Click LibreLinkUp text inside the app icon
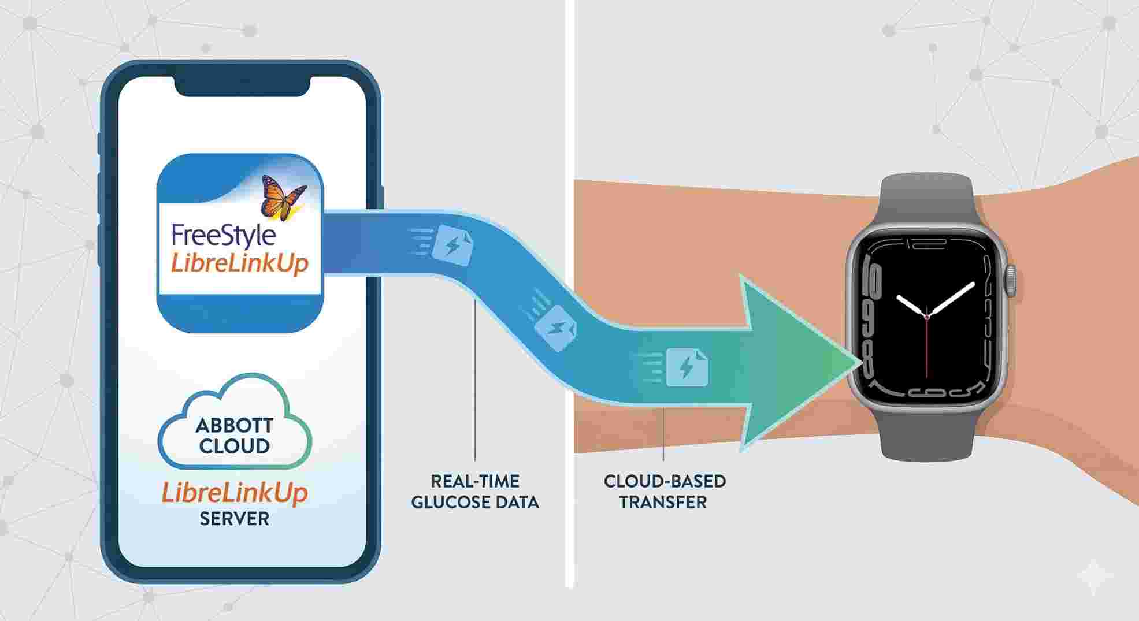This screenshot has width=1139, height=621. coord(239,264)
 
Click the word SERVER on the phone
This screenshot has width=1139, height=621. coord(234,519)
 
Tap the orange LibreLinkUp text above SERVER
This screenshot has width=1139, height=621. coord(234,493)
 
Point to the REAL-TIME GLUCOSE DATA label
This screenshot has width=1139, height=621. coord(475,492)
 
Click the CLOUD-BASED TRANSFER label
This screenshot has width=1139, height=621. coord(663,492)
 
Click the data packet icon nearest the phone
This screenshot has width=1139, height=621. coord(453,246)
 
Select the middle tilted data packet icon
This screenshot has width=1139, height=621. coord(555,328)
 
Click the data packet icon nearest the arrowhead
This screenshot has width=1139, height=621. coord(687,367)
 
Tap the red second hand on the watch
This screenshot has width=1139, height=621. coord(927,347)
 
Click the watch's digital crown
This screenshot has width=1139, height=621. coord(1010,281)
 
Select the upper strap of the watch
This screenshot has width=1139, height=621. coord(926,199)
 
